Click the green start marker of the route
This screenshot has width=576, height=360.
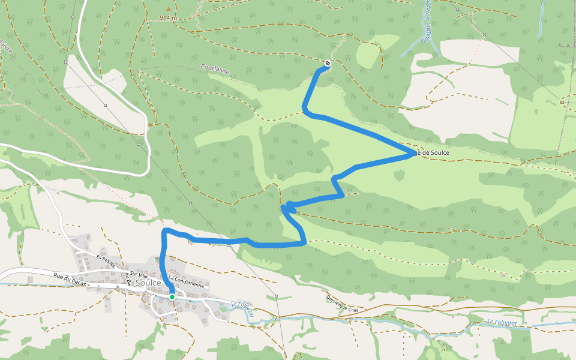coord(172,296)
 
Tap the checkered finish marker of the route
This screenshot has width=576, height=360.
coord(327,64)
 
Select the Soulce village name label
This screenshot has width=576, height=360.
coord(149,282)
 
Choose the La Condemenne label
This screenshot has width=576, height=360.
coord(187,281)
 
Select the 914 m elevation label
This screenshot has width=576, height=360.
coord(169,18)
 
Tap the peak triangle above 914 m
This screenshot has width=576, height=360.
coord(168,9)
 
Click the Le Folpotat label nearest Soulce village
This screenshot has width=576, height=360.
coord(242,309)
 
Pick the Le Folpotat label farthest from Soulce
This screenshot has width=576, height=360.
coord(502,322)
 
